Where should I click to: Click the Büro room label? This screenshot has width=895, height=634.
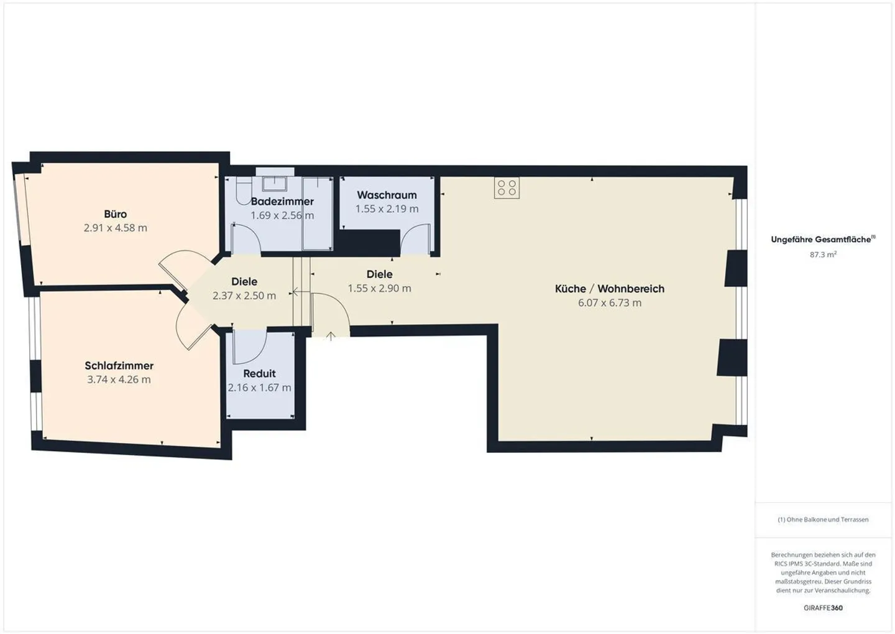116,214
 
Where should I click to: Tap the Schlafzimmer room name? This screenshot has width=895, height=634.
119,366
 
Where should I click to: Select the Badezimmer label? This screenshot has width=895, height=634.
282,202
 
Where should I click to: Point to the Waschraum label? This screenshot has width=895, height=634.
387,195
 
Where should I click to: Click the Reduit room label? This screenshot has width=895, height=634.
259,373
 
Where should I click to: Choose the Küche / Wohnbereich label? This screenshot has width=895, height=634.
609,289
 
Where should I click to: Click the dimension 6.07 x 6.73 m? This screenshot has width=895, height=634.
609,303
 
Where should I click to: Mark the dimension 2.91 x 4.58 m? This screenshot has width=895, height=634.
116,228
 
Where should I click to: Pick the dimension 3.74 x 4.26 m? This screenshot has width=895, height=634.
119,380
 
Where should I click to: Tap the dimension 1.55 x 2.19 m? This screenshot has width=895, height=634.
387,209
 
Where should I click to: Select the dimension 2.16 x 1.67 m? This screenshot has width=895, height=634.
259,388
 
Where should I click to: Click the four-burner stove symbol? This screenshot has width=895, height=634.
507,188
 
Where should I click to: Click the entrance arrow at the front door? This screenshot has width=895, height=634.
331,336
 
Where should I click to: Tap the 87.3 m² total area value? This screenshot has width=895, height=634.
823,254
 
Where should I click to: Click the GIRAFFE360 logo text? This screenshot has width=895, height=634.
823,608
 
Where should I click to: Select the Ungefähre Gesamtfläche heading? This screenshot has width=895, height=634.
822,240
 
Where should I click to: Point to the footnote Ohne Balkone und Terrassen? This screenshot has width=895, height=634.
823,520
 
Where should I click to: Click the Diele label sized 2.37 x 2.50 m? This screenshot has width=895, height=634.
244,282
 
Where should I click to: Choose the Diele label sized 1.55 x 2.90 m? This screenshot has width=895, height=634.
379,274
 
